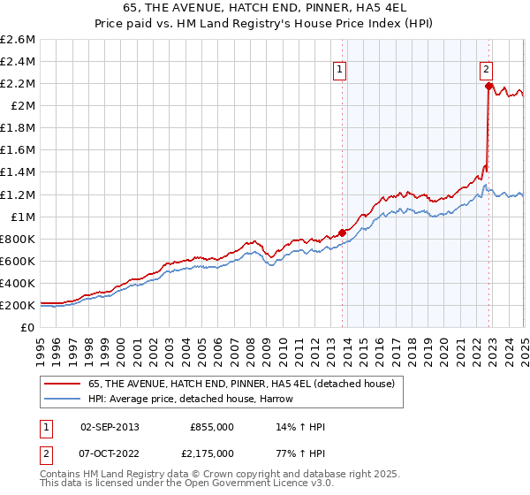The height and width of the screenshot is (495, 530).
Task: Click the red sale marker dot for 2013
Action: pos(342,233)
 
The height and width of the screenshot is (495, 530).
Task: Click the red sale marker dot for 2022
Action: pos(488,87)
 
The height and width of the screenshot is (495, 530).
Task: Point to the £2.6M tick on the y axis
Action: pos(19,40)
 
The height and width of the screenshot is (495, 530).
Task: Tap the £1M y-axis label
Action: pos(22,217)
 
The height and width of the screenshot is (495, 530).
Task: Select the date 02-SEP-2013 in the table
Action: pos(110,427)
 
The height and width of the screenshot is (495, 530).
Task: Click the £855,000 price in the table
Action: pos(212,427)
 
